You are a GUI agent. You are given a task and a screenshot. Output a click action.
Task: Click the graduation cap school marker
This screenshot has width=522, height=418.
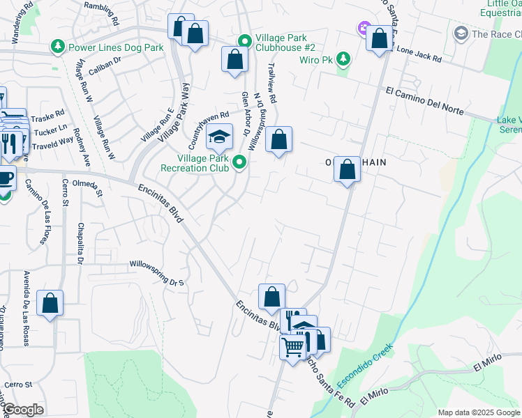pos(220,137)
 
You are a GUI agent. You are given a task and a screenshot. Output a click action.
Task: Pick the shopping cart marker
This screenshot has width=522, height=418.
pos(294,346)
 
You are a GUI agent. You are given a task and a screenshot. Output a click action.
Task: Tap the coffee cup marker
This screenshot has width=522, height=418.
pos(6,177)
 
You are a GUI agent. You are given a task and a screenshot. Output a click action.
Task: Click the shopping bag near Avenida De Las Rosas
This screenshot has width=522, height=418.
pos(50,303)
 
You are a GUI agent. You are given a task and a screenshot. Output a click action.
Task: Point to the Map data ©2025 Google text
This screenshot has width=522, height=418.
pos(479,412)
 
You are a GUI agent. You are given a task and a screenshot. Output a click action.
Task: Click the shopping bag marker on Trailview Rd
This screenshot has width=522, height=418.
pos(278,140)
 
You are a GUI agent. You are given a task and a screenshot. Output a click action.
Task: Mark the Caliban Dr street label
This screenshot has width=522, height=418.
pos(108,60)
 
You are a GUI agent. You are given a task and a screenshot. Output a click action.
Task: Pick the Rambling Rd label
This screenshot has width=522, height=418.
pos(103,6)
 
